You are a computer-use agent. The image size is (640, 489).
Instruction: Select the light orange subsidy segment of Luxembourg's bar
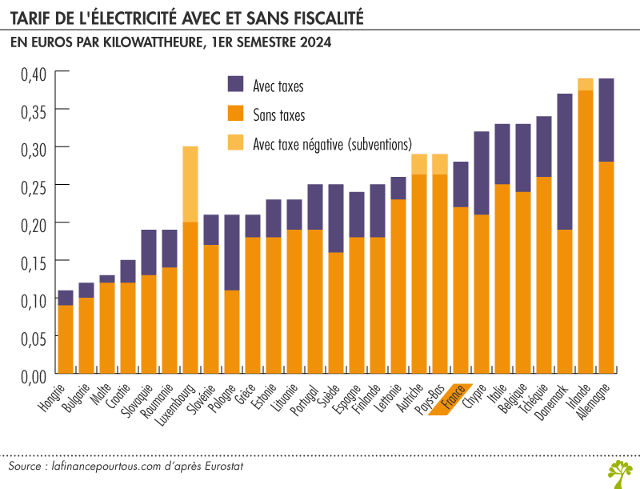tap(190, 184)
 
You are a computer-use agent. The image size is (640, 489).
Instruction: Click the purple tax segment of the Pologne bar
tap(232, 252)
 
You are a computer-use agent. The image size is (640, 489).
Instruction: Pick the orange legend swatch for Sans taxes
tap(237, 114)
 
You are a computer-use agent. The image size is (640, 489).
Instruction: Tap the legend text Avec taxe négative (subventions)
tap(331, 144)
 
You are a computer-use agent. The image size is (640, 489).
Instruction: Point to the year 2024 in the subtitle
tap(314, 42)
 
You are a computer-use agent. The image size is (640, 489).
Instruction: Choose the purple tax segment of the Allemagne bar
tap(606, 120)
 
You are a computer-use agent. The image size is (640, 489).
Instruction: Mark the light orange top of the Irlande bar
tap(586, 84)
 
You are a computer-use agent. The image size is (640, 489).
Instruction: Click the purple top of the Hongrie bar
tap(66, 298)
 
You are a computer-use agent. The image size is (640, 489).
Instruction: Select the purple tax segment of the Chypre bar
tap(482, 173)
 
